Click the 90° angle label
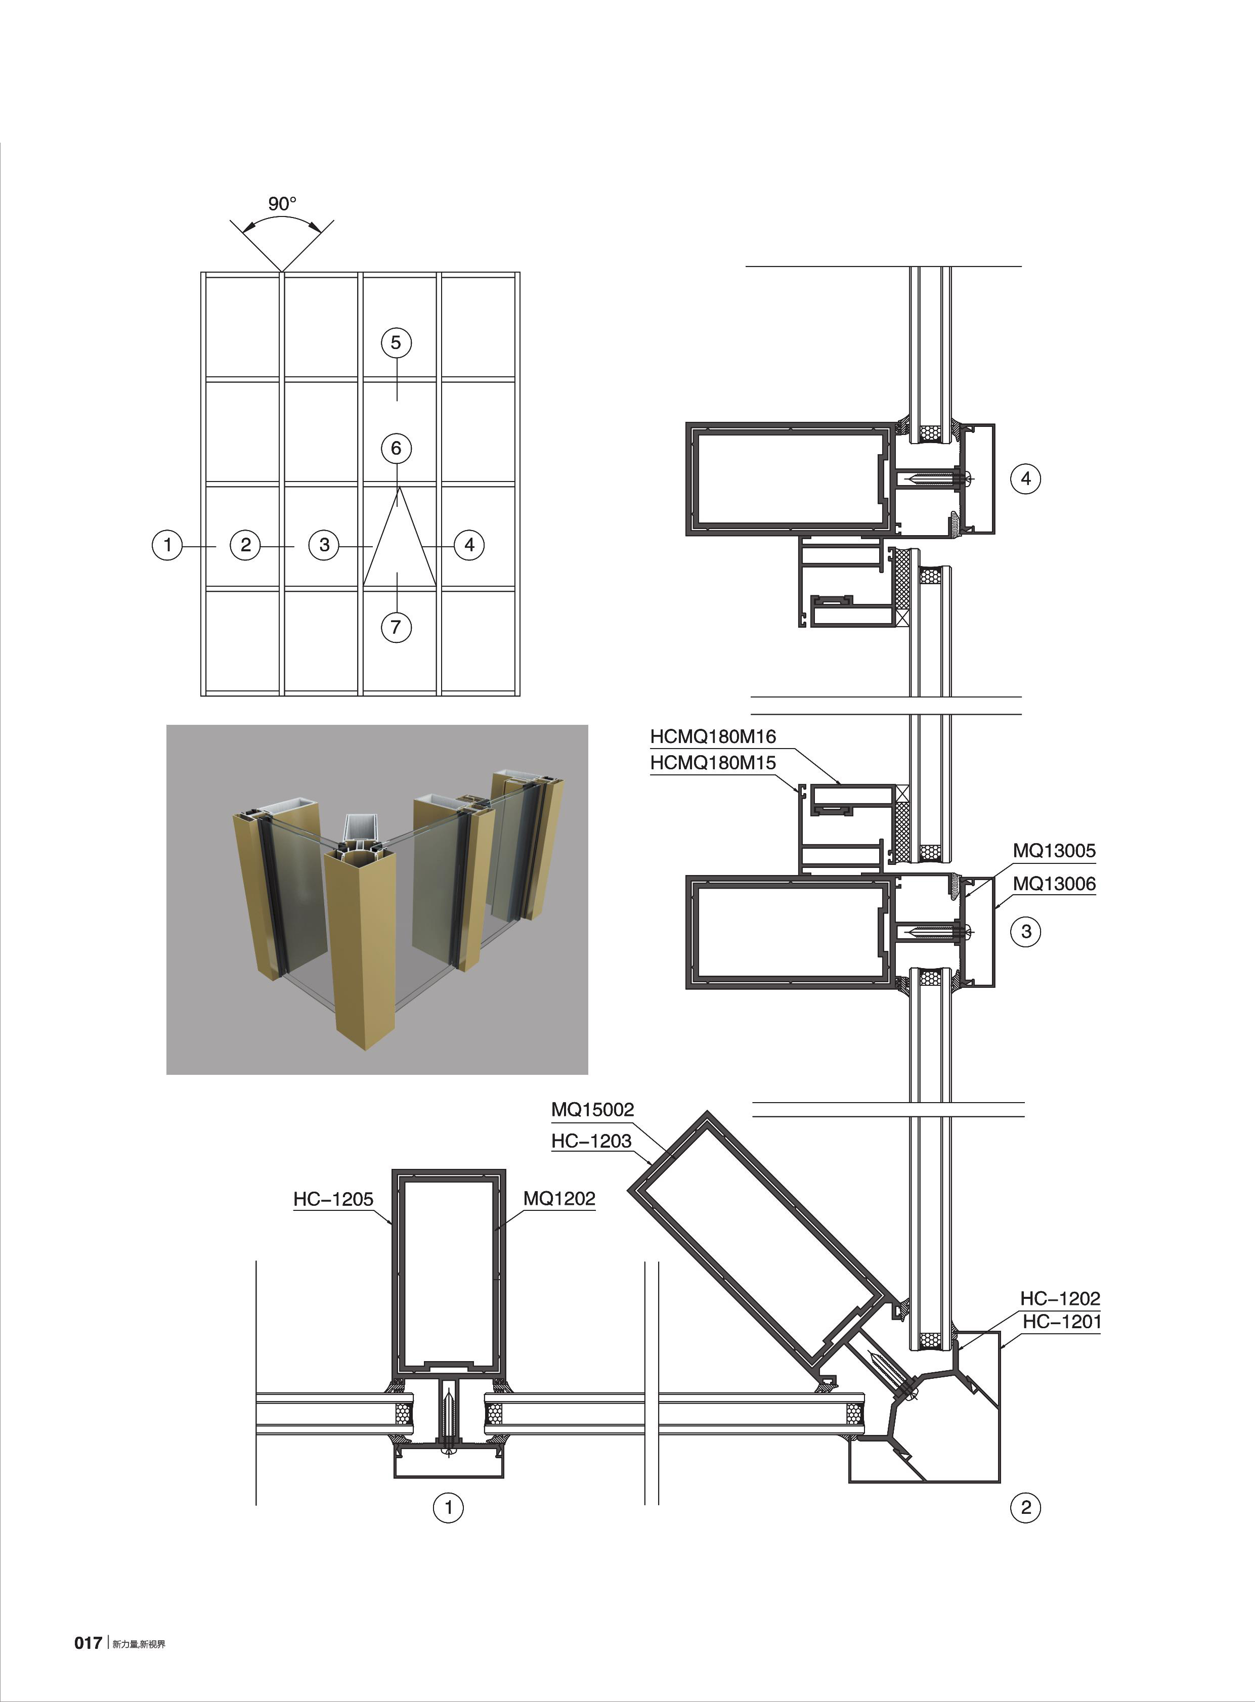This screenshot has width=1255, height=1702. tap(282, 203)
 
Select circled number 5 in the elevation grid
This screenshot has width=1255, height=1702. tap(396, 342)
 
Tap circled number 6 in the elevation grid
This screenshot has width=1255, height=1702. tap(396, 448)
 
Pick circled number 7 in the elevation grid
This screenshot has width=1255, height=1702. tap(396, 627)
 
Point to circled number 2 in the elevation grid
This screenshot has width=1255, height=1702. tap(245, 545)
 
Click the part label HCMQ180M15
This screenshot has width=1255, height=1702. tap(713, 763)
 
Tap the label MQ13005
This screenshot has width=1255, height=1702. tap(1054, 851)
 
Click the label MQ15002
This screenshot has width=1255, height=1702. tap(592, 1110)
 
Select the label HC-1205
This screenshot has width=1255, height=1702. tap(333, 1199)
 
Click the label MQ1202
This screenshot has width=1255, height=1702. tap(559, 1198)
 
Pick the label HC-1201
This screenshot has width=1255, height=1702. tap(1061, 1322)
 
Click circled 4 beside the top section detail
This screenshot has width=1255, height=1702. tap(1025, 478)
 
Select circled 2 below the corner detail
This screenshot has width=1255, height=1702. tap(1025, 1508)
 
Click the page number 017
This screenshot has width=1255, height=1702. tap(88, 1643)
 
